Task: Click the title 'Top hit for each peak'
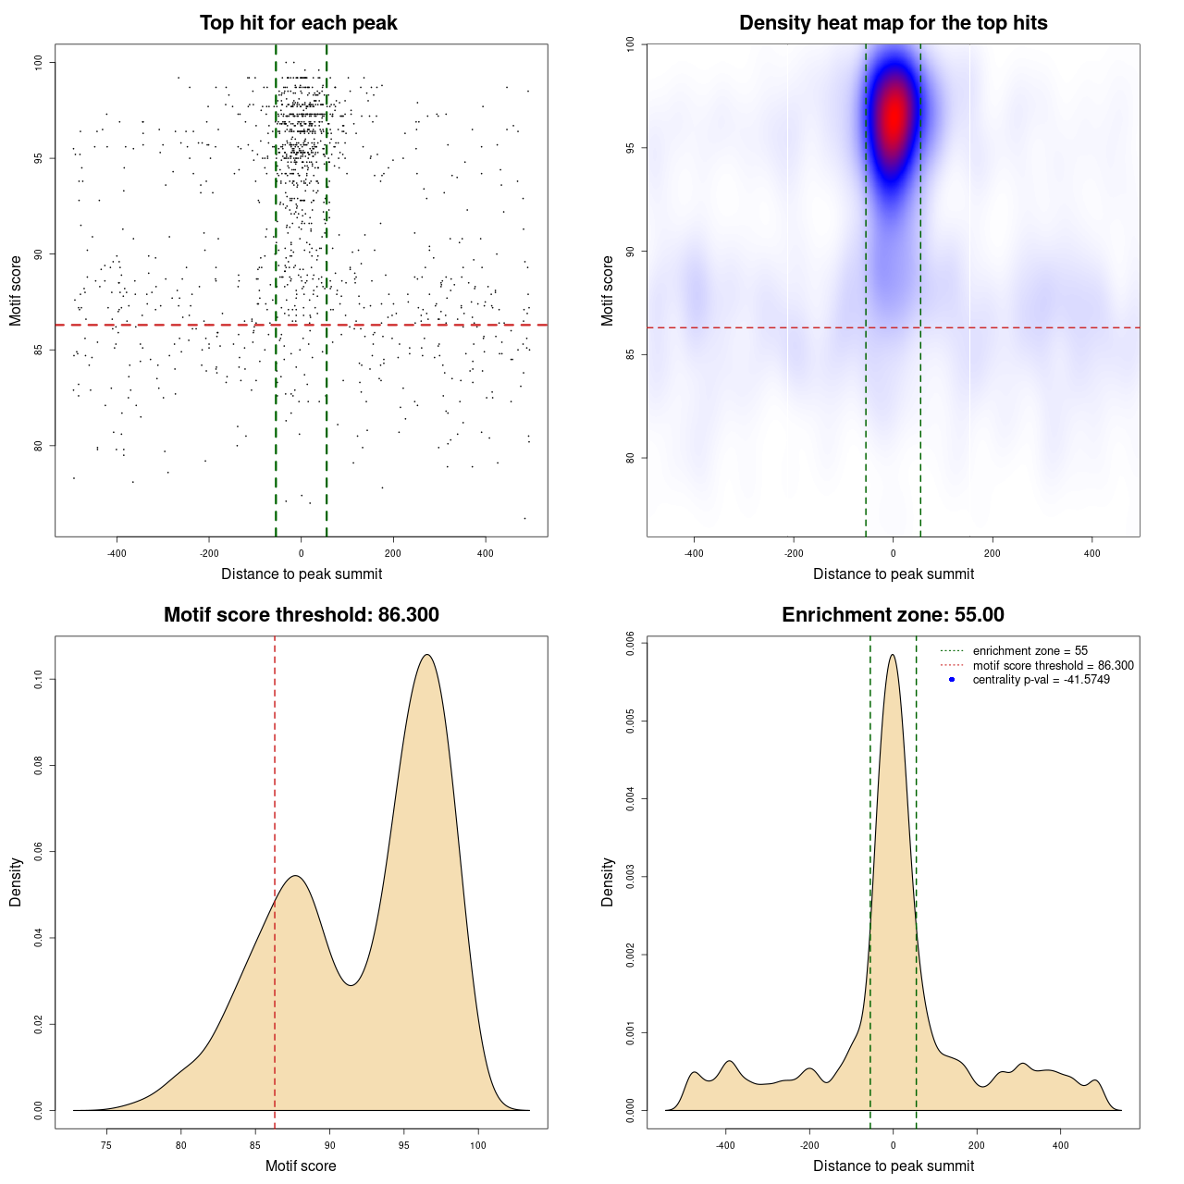coord(298,23)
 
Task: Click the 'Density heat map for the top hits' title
coord(893,23)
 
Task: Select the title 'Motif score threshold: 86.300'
coord(301,615)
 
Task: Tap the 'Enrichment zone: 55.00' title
coord(893,615)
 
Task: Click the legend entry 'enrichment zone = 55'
coord(1030,651)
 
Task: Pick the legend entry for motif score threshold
coord(1053,665)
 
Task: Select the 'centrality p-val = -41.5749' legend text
coord(1041,680)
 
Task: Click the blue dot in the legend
coord(952,680)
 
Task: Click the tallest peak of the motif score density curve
coord(426,655)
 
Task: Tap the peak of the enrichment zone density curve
coord(893,655)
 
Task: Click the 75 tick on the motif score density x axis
coord(106,1145)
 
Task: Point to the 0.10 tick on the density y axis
coord(38,680)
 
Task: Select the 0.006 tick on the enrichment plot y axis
coord(630,643)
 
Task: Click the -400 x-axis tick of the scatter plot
coord(117,553)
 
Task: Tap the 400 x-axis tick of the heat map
coord(1092,553)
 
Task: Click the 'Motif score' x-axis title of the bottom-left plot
coord(301,1165)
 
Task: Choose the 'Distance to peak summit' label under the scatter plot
coord(302,573)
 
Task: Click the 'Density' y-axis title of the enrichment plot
coord(608,882)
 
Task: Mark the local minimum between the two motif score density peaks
coord(351,985)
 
